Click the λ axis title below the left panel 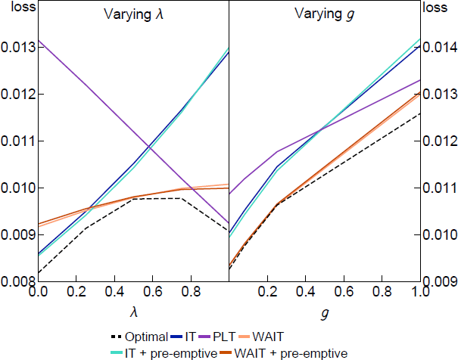click(x=133, y=310)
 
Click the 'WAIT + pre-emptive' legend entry click(x=294, y=352)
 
